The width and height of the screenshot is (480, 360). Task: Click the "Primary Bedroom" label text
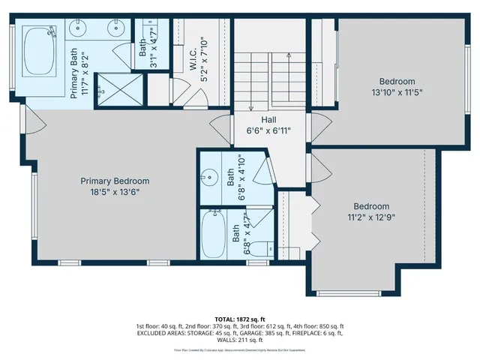(x=115, y=181)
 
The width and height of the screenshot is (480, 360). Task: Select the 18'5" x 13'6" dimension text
(x=115, y=191)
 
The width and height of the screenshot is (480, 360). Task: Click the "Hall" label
(x=268, y=120)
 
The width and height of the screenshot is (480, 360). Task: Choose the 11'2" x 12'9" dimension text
(x=372, y=217)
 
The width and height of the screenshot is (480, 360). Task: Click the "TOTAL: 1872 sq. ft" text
(x=241, y=318)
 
